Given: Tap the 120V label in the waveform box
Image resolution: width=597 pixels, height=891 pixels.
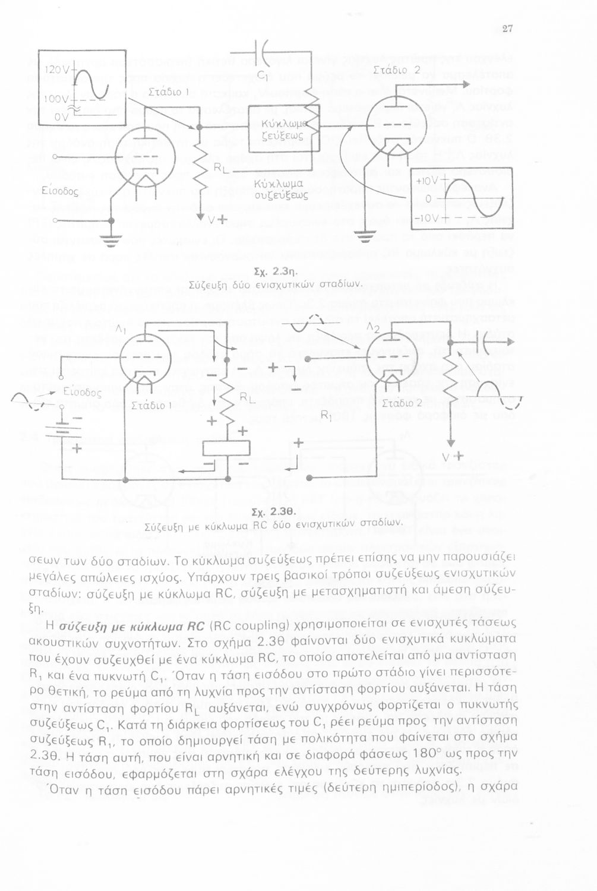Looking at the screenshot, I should pos(55,69).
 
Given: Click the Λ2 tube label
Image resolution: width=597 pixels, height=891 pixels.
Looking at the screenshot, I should pos(374,328).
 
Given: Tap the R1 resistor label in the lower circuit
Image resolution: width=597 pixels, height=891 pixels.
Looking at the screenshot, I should pos(325,417).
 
